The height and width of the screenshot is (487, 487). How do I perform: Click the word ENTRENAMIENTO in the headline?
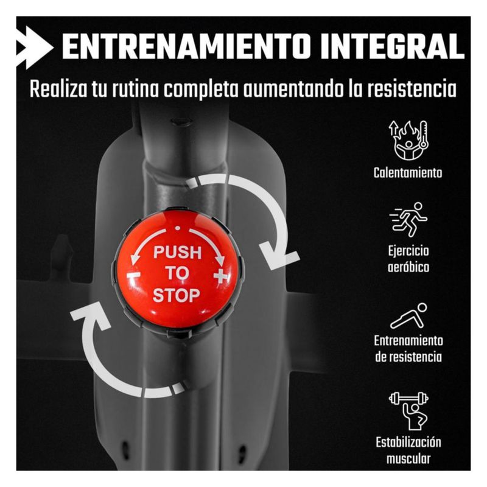tap(186, 47)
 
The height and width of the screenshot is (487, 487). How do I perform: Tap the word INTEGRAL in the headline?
tap(392, 47)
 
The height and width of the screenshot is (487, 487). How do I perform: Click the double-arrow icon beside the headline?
tap(35, 47)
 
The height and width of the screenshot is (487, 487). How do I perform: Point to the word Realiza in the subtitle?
tap(58, 89)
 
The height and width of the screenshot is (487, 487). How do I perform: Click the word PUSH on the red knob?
tap(177, 252)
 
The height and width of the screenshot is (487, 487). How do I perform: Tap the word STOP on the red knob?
tap(176, 295)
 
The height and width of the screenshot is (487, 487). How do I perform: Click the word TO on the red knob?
tap(177, 273)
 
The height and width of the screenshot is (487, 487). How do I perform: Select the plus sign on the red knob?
tap(221, 276)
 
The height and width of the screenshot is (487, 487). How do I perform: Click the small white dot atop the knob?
tap(177, 228)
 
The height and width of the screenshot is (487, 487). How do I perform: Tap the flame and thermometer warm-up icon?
tap(408, 141)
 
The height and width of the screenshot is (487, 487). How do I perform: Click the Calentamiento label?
tap(408, 173)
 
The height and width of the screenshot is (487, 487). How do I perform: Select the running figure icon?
tap(408, 220)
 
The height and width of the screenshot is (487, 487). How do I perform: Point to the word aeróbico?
tap(408, 267)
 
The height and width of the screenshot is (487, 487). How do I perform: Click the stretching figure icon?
tap(408, 316)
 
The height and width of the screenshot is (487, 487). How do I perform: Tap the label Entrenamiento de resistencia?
tap(408, 348)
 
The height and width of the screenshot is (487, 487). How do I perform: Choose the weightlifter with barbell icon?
tap(408, 411)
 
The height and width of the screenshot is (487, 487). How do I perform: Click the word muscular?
tap(408, 458)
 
